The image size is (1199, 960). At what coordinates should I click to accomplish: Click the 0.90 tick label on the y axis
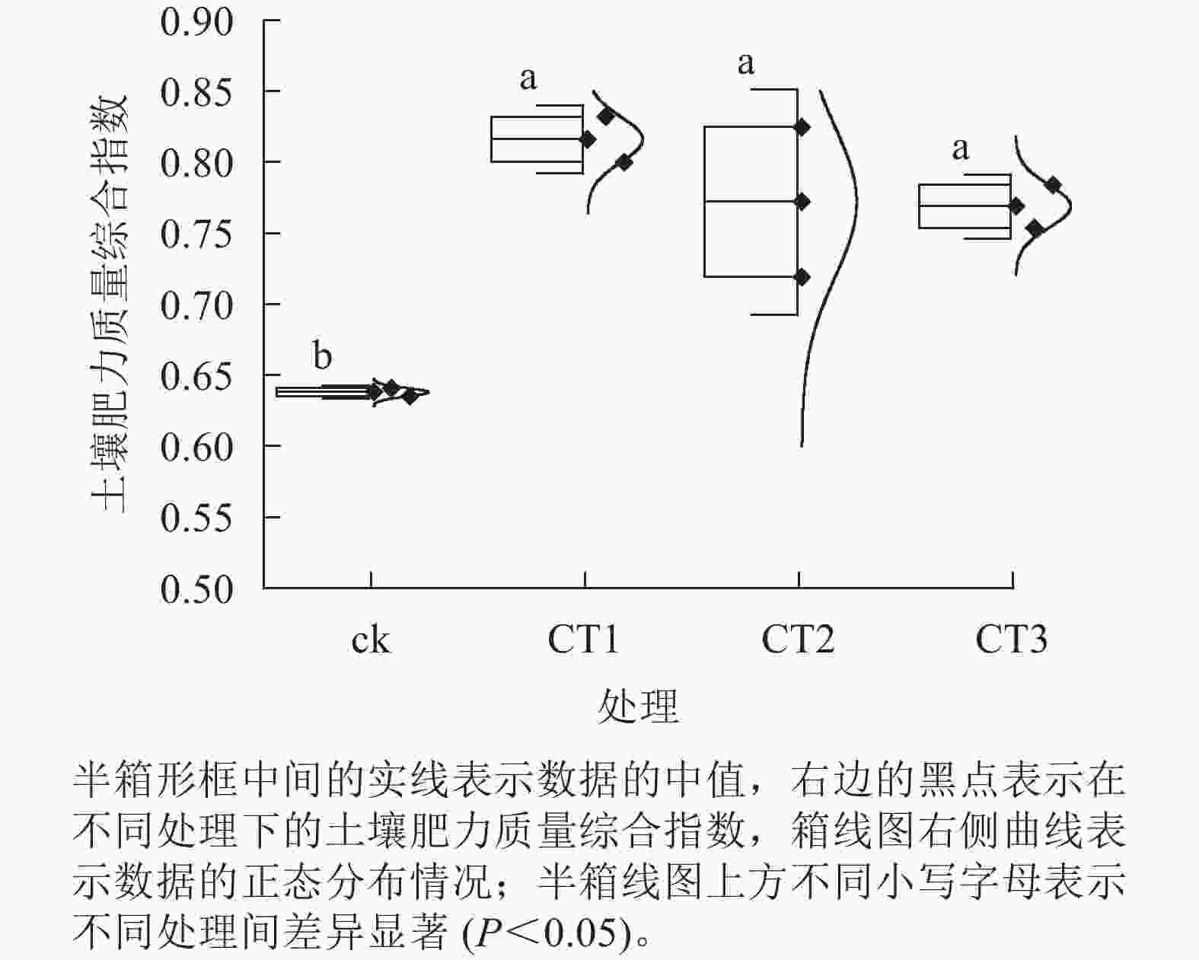tap(196, 23)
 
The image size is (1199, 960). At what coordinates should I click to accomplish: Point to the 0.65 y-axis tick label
tap(196, 377)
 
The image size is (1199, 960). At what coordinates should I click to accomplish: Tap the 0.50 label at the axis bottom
tap(196, 589)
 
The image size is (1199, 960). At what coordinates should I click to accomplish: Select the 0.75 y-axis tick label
tap(196, 234)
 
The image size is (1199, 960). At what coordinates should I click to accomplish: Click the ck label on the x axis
tap(371, 640)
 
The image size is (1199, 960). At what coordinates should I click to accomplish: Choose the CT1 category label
tap(583, 639)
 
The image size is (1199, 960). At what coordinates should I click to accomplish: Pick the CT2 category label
tap(798, 639)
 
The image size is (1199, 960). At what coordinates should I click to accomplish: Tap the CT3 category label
tap(1011, 639)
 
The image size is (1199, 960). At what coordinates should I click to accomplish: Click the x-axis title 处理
tap(639, 706)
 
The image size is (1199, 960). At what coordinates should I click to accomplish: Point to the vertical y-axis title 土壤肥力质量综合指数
tap(109, 304)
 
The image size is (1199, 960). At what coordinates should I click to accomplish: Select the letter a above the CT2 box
tap(746, 64)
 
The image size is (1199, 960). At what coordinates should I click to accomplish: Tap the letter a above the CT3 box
tap(961, 149)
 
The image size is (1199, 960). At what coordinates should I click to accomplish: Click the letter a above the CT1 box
tap(528, 79)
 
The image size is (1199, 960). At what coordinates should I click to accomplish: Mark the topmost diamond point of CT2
tap(802, 127)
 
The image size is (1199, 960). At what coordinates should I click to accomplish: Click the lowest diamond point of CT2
tap(802, 277)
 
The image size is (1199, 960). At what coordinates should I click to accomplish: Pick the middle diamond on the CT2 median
tap(802, 201)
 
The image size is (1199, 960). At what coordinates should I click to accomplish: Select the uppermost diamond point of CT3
tap(1053, 185)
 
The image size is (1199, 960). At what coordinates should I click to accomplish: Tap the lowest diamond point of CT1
tap(624, 163)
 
